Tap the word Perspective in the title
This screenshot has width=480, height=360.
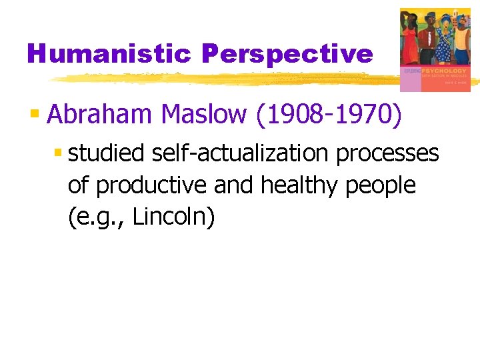point(287,54)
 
